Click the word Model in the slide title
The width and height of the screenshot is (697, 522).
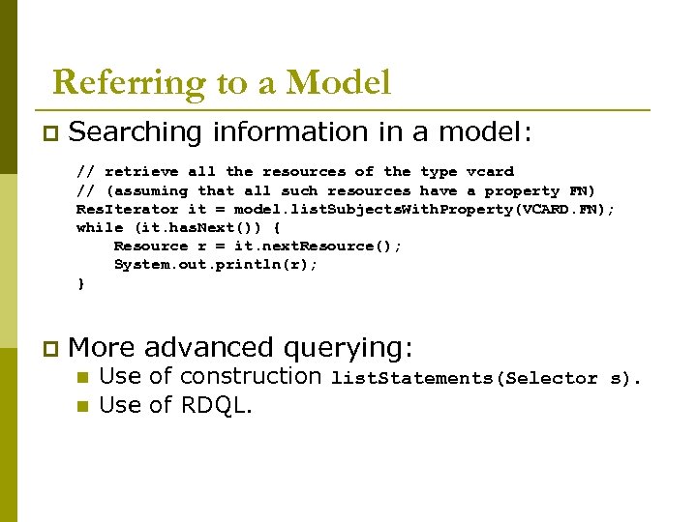[x=339, y=83]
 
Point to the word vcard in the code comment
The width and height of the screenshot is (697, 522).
[x=490, y=172]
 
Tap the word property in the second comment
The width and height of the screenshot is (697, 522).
[x=522, y=191]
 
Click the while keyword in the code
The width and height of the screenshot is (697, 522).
[x=100, y=228]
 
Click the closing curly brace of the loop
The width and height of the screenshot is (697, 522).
[x=81, y=284]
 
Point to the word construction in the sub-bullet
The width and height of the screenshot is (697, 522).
[x=251, y=377]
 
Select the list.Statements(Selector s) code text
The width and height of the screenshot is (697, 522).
[x=485, y=379]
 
